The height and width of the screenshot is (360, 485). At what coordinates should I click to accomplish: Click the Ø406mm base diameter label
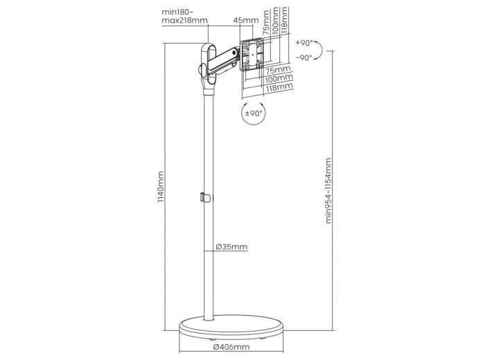coord(231,347)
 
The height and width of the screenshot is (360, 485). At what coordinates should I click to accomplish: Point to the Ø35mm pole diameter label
coord(231,246)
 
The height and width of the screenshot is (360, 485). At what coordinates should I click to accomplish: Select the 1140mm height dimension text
coord(161,187)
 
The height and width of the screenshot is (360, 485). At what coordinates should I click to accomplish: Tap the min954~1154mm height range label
coord(328,190)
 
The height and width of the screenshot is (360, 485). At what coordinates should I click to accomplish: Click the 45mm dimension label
coord(246,20)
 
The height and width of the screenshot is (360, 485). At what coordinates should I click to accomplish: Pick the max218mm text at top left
coord(185,21)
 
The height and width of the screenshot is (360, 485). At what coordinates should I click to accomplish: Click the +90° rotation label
coord(304,43)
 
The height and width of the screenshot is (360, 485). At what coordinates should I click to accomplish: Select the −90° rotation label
coord(304,57)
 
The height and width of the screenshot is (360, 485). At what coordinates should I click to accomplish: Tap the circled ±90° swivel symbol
coord(254,113)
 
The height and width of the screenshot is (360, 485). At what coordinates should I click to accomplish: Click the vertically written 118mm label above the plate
coord(285,19)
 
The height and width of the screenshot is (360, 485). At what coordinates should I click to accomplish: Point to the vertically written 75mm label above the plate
coord(266,22)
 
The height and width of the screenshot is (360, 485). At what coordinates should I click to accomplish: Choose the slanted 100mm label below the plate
coord(279,78)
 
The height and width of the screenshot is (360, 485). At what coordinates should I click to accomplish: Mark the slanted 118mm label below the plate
coord(279,87)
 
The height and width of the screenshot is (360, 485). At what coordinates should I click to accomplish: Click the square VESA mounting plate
coord(252,55)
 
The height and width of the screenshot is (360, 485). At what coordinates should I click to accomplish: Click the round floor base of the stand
coord(231,327)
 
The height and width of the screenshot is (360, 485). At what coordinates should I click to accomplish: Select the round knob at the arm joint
coord(202,70)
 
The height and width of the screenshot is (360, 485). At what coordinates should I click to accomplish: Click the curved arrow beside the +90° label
coord(319,51)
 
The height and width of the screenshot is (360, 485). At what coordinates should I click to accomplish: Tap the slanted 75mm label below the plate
coord(279,69)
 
